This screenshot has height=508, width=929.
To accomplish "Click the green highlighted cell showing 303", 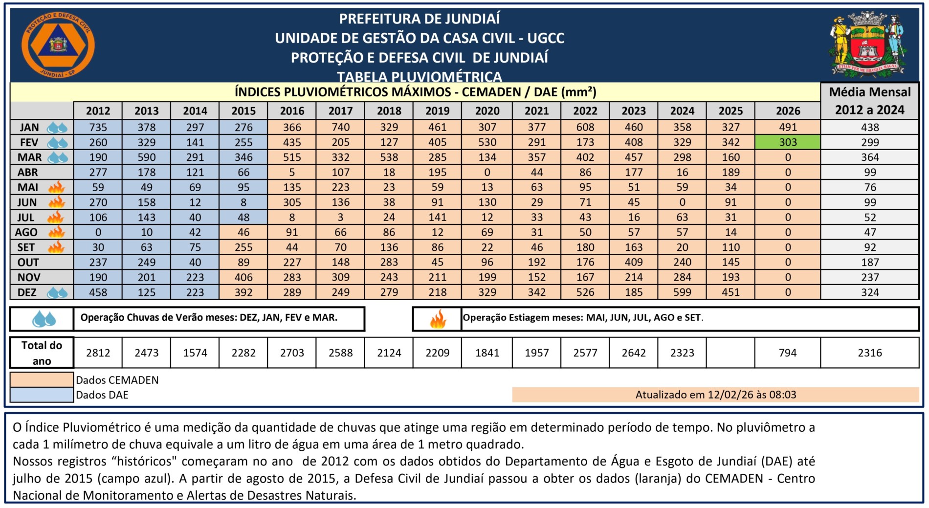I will point(788,142).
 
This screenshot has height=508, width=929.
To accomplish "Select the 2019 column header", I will point(437,111).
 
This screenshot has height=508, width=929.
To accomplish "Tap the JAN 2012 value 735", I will point(98,127).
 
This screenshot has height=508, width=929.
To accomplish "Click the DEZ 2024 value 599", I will point(682,292).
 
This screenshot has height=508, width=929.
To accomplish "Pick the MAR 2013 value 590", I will point(146,157).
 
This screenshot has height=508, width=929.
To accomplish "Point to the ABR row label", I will point(28,172).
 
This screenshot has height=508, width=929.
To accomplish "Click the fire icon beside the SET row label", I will point(57,247).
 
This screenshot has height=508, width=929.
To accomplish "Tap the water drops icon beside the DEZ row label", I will point(57,293).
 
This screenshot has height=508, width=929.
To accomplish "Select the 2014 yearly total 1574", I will point(195,353).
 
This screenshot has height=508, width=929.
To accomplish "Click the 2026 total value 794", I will point(787,353).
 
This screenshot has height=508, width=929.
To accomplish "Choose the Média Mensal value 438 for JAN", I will point(870,127).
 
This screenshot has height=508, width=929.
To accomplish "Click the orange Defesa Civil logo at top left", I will point(58,45).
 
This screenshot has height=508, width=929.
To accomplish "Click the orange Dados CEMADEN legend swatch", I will point(42,380).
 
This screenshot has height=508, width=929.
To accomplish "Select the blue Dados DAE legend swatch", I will point(42,395).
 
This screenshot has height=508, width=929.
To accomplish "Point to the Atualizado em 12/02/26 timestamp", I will point(715,395).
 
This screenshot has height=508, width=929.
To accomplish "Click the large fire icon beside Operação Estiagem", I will point(438,319).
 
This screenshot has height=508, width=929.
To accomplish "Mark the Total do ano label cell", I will point(42,353).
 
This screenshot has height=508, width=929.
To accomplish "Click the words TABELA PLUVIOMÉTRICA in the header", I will point(419,77).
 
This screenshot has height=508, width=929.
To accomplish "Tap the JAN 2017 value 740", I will point(340,127).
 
